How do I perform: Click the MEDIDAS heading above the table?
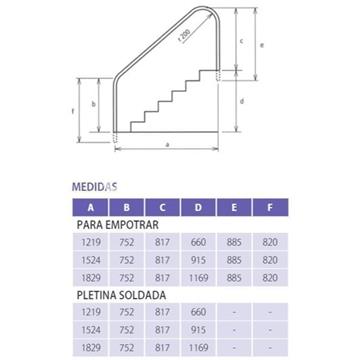point(95,185)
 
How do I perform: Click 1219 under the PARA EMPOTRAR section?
point(91,242)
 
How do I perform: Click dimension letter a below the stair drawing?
point(165,146)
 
